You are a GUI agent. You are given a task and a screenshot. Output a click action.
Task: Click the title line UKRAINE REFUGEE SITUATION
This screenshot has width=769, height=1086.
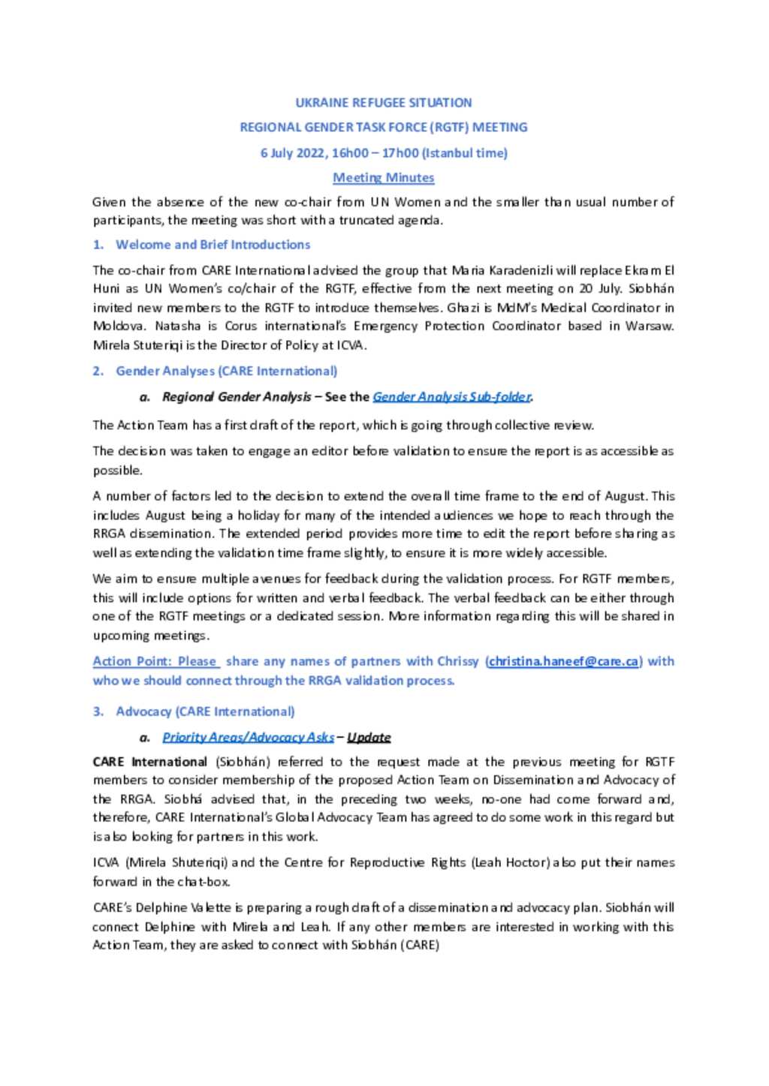tap(383, 102)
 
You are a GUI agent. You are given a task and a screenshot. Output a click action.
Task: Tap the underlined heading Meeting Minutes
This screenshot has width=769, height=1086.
tap(383, 178)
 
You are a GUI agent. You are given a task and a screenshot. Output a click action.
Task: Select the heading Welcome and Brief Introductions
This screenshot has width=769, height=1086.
tap(213, 245)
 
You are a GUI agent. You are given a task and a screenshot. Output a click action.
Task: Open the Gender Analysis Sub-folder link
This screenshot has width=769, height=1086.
tap(451, 397)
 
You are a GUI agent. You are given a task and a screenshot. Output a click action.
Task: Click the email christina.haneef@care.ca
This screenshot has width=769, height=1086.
tap(563, 661)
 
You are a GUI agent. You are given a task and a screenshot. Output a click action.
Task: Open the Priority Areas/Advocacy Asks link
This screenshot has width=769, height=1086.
tap(248, 737)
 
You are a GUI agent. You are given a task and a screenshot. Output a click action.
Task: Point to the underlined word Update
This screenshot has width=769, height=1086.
tap(369, 737)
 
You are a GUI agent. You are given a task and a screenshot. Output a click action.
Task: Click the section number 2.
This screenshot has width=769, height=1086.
tap(98, 371)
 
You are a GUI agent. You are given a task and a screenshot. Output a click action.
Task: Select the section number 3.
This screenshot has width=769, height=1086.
tap(98, 711)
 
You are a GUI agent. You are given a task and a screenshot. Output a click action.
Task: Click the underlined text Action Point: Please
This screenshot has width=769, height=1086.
tap(155, 661)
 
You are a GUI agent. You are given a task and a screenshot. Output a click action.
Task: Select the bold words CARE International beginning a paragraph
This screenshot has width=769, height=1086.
tap(149, 761)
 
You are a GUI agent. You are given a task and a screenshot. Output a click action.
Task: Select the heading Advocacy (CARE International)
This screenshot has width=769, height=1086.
tap(205, 711)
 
